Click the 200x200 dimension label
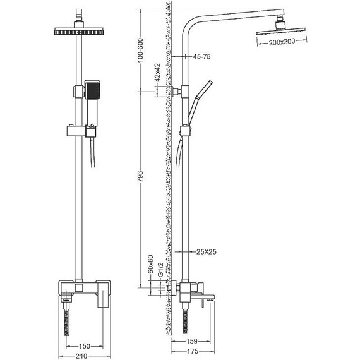(x=282, y=42)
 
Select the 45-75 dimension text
(x=201, y=56)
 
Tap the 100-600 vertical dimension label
(x=140, y=50)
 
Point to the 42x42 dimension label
(x=157, y=73)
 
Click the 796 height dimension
(x=140, y=176)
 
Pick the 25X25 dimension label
(x=207, y=252)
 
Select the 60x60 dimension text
(x=150, y=264)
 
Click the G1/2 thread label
(x=160, y=270)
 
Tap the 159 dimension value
(x=192, y=341)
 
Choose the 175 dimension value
(x=193, y=351)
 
